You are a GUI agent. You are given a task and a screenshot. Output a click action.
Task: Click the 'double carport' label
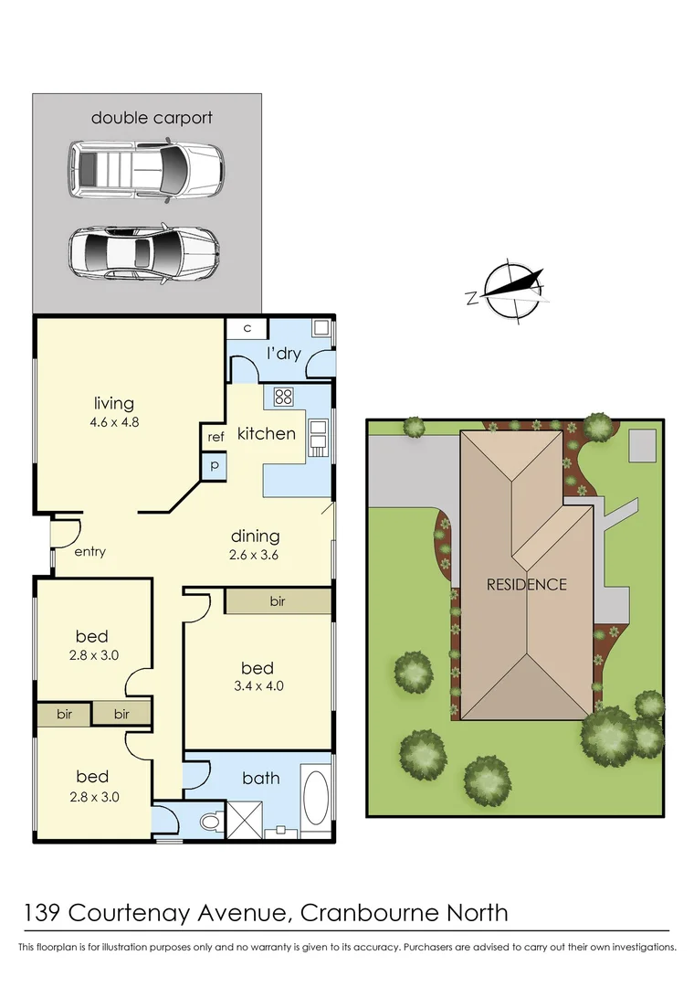click(152, 118)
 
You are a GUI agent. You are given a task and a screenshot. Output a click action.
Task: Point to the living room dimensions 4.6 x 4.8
click(114, 422)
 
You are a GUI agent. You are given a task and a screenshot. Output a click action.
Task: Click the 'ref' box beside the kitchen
click(216, 437)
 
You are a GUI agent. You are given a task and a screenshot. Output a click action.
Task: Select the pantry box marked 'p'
click(216, 465)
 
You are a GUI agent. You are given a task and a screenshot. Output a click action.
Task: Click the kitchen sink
click(319, 438)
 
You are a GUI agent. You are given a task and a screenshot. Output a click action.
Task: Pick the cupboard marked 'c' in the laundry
click(247, 328)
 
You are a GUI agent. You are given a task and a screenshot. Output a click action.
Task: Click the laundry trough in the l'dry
click(321, 328)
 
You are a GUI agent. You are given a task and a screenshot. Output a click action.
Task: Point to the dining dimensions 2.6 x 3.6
click(255, 554)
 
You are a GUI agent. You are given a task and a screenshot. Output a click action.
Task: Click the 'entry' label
click(89, 551)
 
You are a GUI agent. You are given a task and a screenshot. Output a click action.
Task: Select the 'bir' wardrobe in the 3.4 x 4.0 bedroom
click(278, 601)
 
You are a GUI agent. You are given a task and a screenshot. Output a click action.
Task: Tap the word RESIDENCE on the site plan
click(526, 585)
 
